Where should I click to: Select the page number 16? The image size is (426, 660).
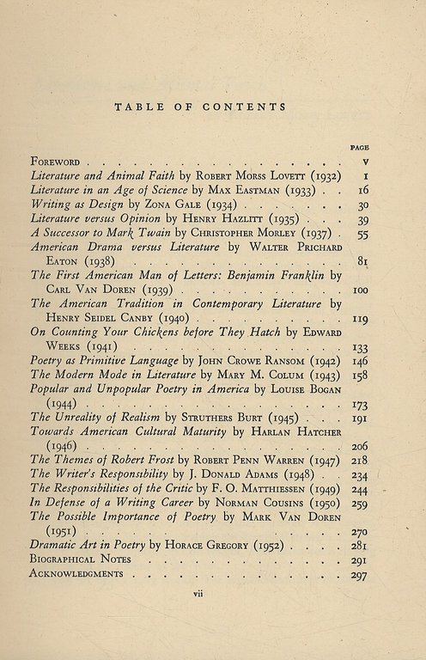point(362,189)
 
